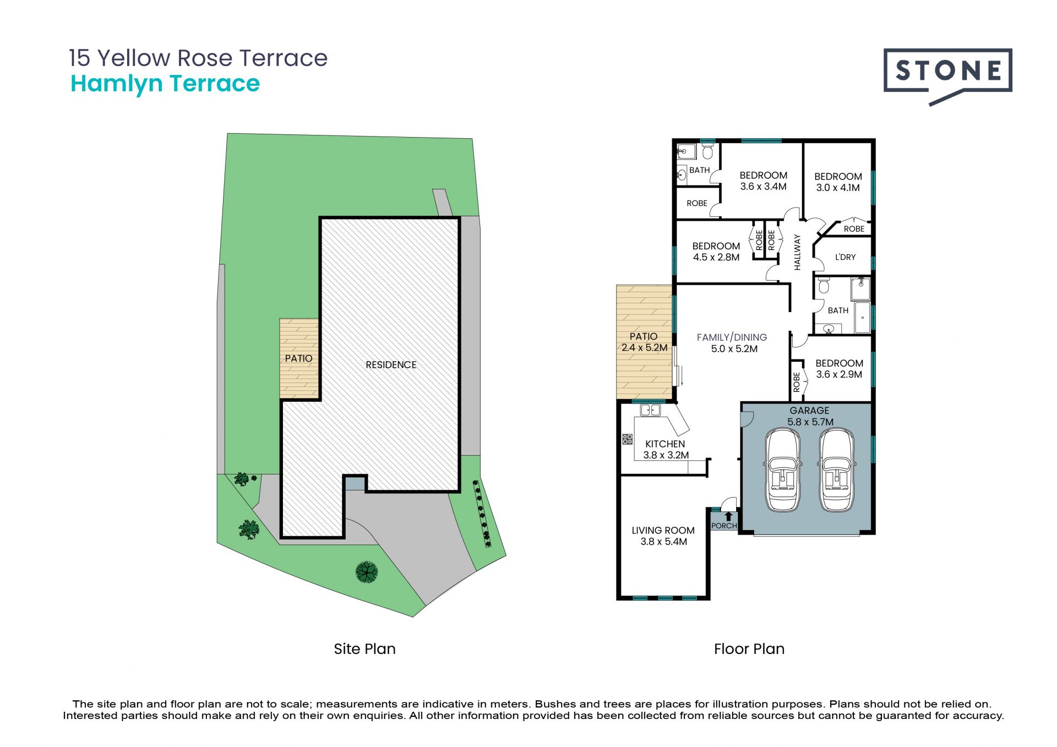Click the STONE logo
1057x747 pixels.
pyautogui.click(x=947, y=77)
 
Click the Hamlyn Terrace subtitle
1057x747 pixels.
pyautogui.click(x=165, y=84)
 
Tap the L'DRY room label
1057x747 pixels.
pyautogui.click(x=845, y=257)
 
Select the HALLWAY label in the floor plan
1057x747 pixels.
pyautogui.click(x=797, y=252)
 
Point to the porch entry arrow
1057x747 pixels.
pyautogui.click(x=728, y=516)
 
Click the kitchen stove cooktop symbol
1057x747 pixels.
pyautogui.click(x=627, y=439)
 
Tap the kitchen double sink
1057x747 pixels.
pyautogui.click(x=650, y=410)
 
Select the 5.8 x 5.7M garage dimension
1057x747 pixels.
pyautogui.click(x=810, y=422)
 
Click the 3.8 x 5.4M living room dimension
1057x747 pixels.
pyautogui.click(x=663, y=542)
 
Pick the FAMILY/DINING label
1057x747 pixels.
pyautogui.click(x=732, y=337)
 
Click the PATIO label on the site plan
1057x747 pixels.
pyautogui.click(x=298, y=358)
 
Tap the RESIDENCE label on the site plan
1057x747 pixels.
pyautogui.click(x=391, y=365)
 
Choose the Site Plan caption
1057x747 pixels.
pyautogui.click(x=364, y=649)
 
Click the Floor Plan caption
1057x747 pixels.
pyautogui.click(x=749, y=649)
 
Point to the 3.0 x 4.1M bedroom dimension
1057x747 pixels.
pyautogui.click(x=838, y=188)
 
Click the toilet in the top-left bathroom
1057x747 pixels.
pyautogui.click(x=708, y=151)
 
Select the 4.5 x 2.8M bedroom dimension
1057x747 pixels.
pyautogui.click(x=716, y=257)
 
